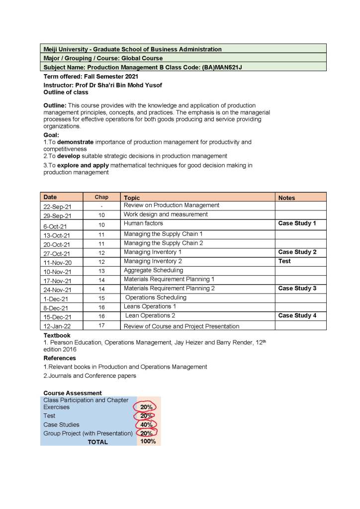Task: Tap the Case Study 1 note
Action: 297,223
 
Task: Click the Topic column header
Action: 132,198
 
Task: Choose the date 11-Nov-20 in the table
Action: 57,263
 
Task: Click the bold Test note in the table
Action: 285,261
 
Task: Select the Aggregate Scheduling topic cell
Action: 153,270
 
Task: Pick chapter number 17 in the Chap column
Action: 101,326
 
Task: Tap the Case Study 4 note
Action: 297,315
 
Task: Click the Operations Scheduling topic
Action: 156,298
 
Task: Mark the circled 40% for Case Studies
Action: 146,425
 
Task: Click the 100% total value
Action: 148,441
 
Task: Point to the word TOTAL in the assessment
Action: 97,442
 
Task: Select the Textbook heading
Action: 57,336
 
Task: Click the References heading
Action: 60,358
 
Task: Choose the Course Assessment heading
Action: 73,393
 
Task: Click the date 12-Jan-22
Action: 57,326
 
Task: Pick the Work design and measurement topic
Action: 166,214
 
